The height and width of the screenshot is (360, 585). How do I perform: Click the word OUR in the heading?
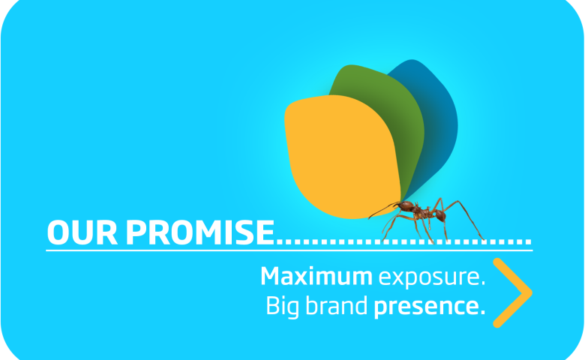pos(82,232)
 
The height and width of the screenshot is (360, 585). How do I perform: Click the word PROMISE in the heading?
pos(200,232)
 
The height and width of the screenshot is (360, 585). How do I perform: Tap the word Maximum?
pos(316,277)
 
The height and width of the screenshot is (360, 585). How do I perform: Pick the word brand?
pos(337,305)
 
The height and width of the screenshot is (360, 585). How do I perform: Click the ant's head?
pos(405,205)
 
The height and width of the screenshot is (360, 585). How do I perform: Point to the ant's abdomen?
pos(439,215)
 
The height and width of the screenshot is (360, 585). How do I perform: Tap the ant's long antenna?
pos(382,211)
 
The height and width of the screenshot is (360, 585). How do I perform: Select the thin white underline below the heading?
pos(289,250)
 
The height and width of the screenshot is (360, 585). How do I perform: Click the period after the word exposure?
pos(483,283)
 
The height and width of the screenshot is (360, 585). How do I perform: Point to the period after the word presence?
pos(482,312)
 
